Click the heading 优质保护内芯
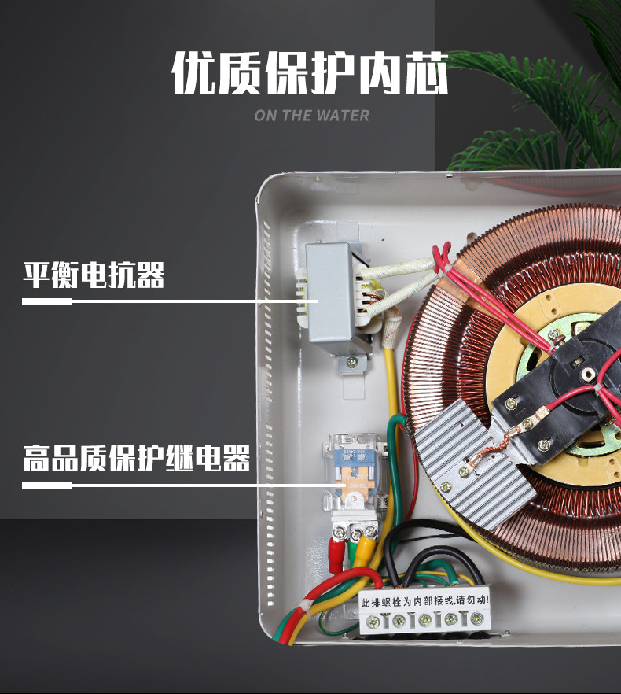[x=310, y=76]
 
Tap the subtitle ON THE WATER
[x=311, y=116]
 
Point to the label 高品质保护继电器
[x=136, y=459]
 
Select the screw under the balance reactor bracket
[x=351, y=363]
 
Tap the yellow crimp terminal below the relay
[x=363, y=553]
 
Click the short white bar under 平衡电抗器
[x=47, y=301]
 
